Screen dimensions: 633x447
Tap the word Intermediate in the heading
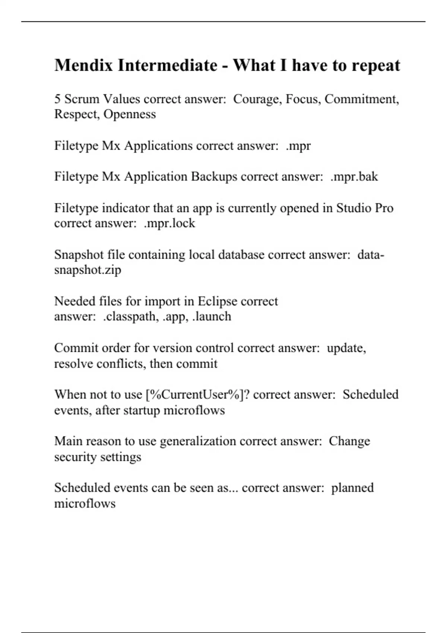(x=167, y=65)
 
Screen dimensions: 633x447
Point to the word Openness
(x=130, y=114)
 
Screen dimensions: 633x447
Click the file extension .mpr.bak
(x=354, y=176)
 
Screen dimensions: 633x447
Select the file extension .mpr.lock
(x=169, y=223)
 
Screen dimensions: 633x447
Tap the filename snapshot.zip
(x=88, y=270)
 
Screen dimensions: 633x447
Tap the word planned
(x=352, y=488)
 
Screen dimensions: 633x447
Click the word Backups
(x=214, y=176)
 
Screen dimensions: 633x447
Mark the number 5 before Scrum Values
(x=58, y=99)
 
